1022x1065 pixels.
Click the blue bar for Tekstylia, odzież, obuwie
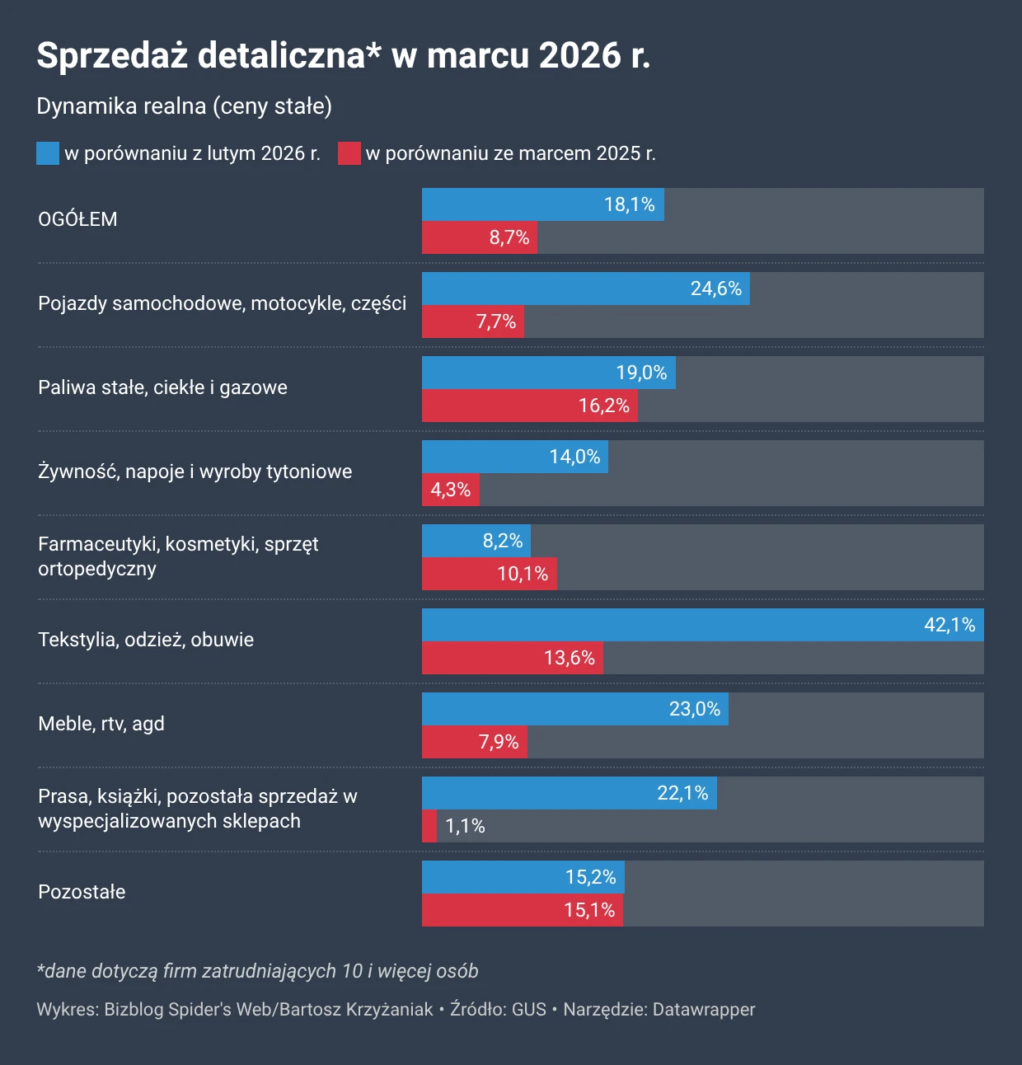pyautogui.click(x=702, y=625)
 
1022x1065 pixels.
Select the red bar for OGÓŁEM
pyautogui.click(x=479, y=237)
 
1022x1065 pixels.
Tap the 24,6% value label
pyautogui.click(x=715, y=289)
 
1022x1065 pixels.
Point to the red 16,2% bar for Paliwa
pyautogui.click(x=529, y=406)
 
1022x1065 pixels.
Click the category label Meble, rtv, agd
pyautogui.click(x=101, y=724)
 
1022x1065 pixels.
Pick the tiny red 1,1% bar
pyautogui.click(x=429, y=826)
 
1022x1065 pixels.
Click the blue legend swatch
pyautogui.click(x=48, y=153)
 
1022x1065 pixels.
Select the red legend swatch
pyautogui.click(x=349, y=153)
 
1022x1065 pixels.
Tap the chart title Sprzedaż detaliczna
pyautogui.click(x=344, y=55)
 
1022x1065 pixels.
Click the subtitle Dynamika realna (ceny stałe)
pyautogui.click(x=185, y=106)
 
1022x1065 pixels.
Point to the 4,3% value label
pyautogui.click(x=450, y=490)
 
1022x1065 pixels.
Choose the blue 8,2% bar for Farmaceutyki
pyautogui.click(x=476, y=541)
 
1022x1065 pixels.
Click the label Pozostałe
pyautogui.click(x=82, y=892)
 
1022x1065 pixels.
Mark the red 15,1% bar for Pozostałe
pyautogui.click(x=522, y=910)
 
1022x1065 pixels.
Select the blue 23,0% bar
pyautogui.click(x=574, y=709)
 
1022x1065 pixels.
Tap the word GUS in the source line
pyautogui.click(x=529, y=1010)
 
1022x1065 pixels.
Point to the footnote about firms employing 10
pyautogui.click(x=258, y=971)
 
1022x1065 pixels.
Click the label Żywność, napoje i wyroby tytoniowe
pyautogui.click(x=195, y=472)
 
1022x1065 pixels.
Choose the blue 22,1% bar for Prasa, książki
pyautogui.click(x=569, y=793)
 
